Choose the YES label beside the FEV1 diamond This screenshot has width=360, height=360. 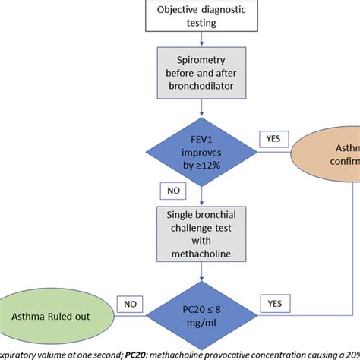273,139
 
